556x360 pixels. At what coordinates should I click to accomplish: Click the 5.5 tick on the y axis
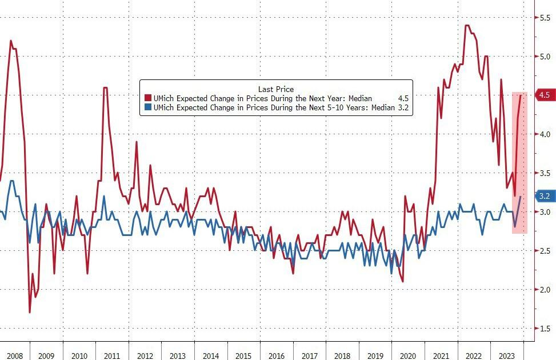[545, 18]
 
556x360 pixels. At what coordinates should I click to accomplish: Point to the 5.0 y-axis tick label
[545, 57]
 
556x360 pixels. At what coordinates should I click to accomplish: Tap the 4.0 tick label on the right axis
[545, 134]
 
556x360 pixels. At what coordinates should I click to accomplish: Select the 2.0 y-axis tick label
[545, 290]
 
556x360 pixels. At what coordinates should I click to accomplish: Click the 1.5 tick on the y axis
[545, 329]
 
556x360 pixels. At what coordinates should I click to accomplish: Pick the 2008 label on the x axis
[14, 355]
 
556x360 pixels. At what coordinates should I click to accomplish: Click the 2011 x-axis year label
[112, 355]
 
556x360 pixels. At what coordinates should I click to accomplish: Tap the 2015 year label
[243, 355]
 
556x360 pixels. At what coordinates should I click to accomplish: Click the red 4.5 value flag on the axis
[543, 95]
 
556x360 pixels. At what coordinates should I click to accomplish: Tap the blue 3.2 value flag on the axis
[543, 196]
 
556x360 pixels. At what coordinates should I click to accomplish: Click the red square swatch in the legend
[148, 98]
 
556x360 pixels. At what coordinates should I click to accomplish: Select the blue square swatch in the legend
[148, 107]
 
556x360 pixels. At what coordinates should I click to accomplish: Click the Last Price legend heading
[276, 89]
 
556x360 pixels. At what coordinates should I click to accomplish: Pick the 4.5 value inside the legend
[402, 98]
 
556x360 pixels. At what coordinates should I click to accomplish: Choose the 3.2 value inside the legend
[402, 107]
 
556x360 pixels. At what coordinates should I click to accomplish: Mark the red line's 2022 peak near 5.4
[467, 26]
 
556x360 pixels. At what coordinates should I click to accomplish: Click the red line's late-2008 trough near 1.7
[30, 312]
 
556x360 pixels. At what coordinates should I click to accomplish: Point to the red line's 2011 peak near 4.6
[105, 87]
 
